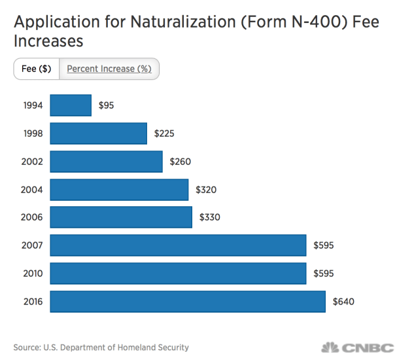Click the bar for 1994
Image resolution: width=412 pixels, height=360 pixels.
click(71, 105)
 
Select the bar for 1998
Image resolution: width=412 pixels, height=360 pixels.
click(99, 134)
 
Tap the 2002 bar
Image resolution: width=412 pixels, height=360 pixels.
click(106, 162)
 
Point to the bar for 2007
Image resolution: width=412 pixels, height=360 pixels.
click(178, 245)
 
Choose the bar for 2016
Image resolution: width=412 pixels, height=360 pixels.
click(188, 302)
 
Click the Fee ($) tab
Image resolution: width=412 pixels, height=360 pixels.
click(37, 69)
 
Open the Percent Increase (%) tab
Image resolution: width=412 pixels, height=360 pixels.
click(109, 69)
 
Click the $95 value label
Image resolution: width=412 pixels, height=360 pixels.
click(106, 105)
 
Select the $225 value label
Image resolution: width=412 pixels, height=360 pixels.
click(164, 134)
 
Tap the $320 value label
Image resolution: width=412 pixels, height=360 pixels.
click(206, 190)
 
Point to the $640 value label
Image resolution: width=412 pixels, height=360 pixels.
click(343, 302)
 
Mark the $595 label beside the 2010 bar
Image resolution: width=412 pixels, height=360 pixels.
click(324, 274)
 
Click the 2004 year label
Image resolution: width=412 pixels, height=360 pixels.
click(32, 190)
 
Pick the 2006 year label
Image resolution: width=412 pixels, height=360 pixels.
click(32, 218)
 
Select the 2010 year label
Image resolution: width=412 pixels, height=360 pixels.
click(32, 274)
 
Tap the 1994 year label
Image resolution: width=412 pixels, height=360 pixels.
click(32, 105)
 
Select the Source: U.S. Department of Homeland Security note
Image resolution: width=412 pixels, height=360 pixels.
click(101, 348)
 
